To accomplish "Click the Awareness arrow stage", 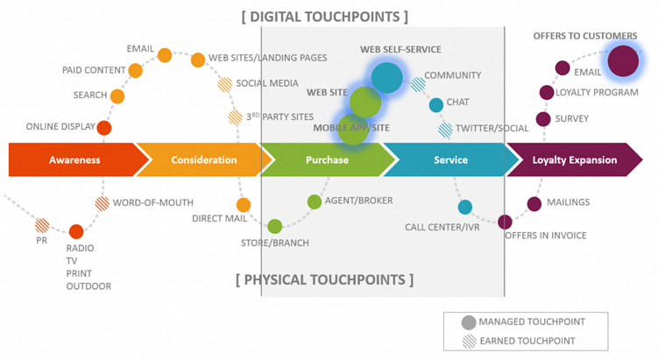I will (75, 160).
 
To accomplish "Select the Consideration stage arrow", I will (204, 160).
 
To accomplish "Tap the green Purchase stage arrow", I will (327, 160).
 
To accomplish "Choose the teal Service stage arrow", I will (450, 160).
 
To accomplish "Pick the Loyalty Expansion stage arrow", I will (575, 160).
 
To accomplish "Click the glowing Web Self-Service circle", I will (386, 77).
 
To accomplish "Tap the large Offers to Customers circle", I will (623, 61).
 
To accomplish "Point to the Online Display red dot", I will (104, 128).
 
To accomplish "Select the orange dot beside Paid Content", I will (135, 71).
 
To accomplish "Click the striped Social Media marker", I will (225, 85).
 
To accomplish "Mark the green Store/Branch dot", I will (275, 226).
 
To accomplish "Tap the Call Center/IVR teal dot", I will (465, 208).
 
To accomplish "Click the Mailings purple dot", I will (534, 204).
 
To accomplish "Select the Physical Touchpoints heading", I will (324, 280).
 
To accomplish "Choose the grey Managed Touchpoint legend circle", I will (469, 321).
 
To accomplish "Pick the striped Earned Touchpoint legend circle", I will (469, 341).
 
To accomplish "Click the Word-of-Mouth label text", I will (153, 202).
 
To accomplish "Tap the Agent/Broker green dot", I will (315, 202).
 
